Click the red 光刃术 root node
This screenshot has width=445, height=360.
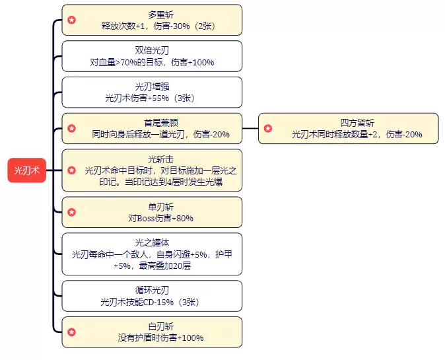point(27,170)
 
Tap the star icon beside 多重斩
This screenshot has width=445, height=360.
point(72,20)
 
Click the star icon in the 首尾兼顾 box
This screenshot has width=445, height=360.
point(72,128)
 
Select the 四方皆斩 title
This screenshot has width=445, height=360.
point(357,122)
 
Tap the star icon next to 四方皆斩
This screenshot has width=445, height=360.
point(267,128)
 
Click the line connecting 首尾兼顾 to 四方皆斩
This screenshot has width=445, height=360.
point(250,128)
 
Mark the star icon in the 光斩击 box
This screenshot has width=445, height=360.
point(72,170)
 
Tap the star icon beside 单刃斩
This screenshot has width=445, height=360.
point(72,212)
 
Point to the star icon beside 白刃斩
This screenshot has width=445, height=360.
point(72,332)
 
